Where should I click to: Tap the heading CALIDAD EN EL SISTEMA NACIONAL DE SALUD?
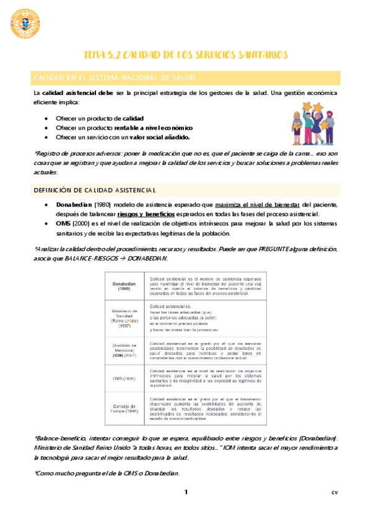pos(115,78)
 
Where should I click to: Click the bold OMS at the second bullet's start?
pos(64,224)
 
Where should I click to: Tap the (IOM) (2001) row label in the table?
pos(124,352)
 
